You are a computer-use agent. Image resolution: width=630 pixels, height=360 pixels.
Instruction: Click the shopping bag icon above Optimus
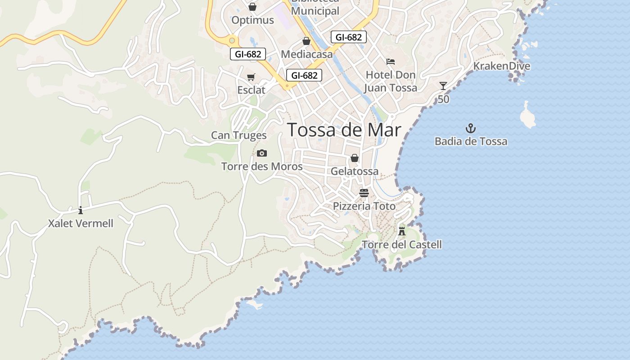tap(252, 7)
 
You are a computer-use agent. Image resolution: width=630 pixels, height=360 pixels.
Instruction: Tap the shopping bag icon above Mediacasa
tap(306, 41)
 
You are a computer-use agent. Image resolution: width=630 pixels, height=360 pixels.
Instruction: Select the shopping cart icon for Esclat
tap(251, 77)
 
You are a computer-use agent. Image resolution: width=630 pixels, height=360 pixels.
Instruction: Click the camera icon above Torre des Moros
tap(262, 153)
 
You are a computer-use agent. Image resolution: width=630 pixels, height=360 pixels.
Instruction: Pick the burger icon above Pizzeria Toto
tap(364, 193)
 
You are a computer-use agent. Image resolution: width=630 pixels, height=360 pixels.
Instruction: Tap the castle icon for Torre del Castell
tap(402, 231)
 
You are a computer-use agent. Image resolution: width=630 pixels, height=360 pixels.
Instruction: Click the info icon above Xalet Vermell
tap(81, 210)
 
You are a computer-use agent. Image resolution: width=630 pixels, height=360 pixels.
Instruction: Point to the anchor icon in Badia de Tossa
tap(471, 129)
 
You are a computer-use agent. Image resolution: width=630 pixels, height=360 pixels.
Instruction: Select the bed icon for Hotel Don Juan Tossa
tap(391, 61)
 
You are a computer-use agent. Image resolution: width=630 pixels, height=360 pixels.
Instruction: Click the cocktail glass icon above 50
tap(443, 85)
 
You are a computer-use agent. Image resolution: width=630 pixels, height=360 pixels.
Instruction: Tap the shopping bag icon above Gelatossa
tap(355, 158)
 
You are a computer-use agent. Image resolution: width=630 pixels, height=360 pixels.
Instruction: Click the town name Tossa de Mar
tap(344, 130)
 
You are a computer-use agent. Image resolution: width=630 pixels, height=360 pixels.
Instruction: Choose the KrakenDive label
tap(501, 66)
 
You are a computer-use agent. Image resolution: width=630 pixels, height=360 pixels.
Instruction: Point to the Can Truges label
tap(238, 135)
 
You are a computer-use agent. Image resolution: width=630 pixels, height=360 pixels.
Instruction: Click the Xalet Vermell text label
tap(81, 223)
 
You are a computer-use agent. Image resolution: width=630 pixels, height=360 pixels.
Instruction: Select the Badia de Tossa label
tap(471, 141)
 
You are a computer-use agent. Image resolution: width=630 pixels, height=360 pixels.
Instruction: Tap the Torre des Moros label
tap(262, 166)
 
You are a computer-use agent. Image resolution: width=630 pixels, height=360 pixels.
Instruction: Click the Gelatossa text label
tap(355, 171)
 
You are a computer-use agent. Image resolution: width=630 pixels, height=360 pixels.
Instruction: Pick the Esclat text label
tap(251, 90)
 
